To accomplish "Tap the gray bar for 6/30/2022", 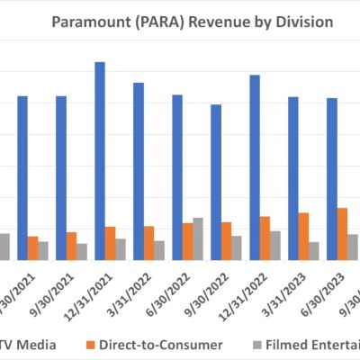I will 198,238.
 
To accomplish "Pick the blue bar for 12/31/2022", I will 255,166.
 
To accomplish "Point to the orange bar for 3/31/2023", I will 303,236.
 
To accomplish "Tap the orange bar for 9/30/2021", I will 71,246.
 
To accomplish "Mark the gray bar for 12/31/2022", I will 274,245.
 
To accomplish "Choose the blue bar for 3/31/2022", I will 139,171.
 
